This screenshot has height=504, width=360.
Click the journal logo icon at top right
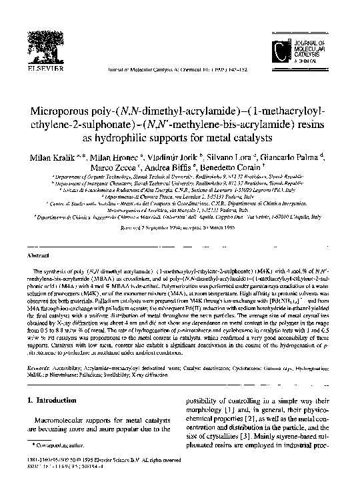tap(287, 50)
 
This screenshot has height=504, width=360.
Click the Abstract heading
tap(36, 236)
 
